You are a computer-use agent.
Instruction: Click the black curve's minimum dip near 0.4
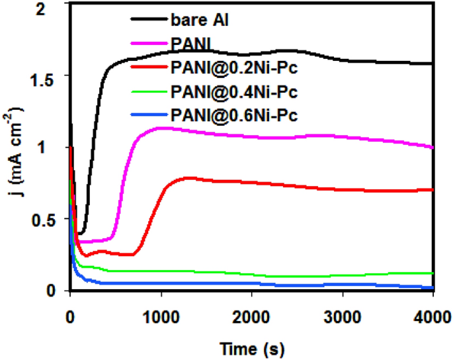point(81,233)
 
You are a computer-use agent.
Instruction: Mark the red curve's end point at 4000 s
point(432,189)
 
